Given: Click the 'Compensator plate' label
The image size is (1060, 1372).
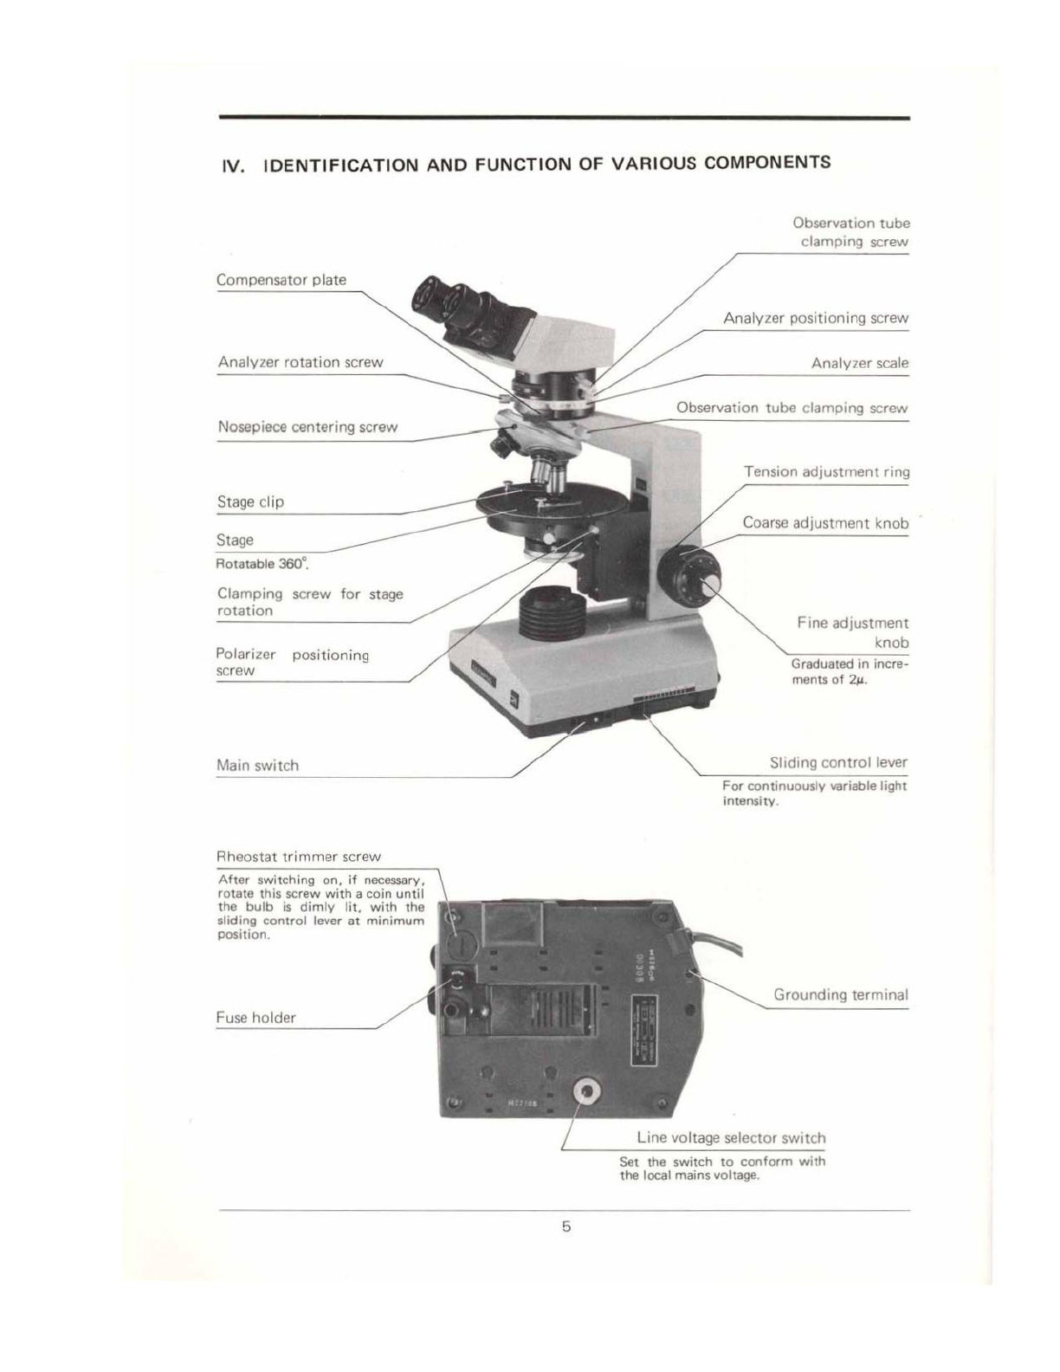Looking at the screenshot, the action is click(281, 280).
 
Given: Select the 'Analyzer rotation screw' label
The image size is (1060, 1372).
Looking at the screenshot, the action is click(301, 362).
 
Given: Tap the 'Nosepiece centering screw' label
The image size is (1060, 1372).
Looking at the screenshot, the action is click(307, 427).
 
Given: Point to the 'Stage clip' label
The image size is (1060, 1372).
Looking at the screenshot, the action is click(250, 502).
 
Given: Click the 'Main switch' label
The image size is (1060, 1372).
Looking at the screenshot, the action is click(257, 765).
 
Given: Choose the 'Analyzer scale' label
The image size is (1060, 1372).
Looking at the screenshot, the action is click(859, 363).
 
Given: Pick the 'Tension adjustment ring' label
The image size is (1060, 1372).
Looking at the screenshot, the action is click(826, 472).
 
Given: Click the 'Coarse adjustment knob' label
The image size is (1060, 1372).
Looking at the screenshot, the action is click(825, 523).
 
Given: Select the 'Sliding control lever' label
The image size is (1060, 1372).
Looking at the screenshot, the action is click(838, 762).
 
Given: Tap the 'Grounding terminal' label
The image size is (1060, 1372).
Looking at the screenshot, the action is click(840, 994).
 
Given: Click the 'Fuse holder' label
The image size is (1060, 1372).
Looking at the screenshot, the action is click(255, 1018).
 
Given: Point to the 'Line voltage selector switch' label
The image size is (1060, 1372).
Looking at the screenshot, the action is click(731, 1138).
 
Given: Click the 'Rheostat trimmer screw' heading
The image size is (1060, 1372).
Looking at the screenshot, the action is click(298, 857).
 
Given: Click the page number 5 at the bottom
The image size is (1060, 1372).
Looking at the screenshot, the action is click(566, 1226).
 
